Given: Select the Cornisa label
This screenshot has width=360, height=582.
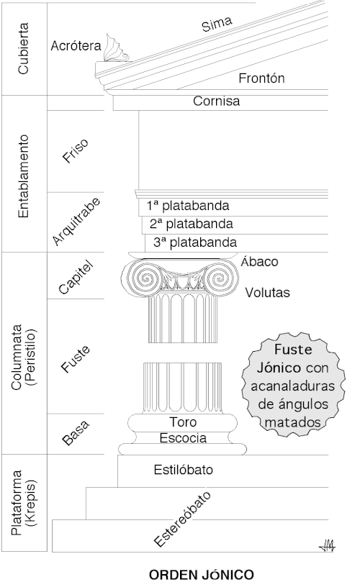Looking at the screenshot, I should pyautogui.click(x=216, y=101).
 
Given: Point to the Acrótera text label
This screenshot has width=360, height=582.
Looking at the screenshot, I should pyautogui.click(x=74, y=45).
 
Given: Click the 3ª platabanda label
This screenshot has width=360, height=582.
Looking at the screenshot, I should pyautogui.click(x=194, y=242).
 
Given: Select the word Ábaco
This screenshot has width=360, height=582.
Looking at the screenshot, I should pyautogui.click(x=260, y=262).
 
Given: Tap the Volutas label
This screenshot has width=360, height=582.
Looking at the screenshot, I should pyautogui.click(x=267, y=293).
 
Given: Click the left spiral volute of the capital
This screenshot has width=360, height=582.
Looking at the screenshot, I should pyautogui.click(x=140, y=278).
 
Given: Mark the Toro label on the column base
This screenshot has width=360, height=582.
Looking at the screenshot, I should pyautogui.click(x=183, y=422).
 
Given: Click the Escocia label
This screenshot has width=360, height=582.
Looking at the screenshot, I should pyautogui.click(x=183, y=437).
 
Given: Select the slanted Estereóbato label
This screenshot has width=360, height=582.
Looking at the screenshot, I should pyautogui.click(x=186, y=519).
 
